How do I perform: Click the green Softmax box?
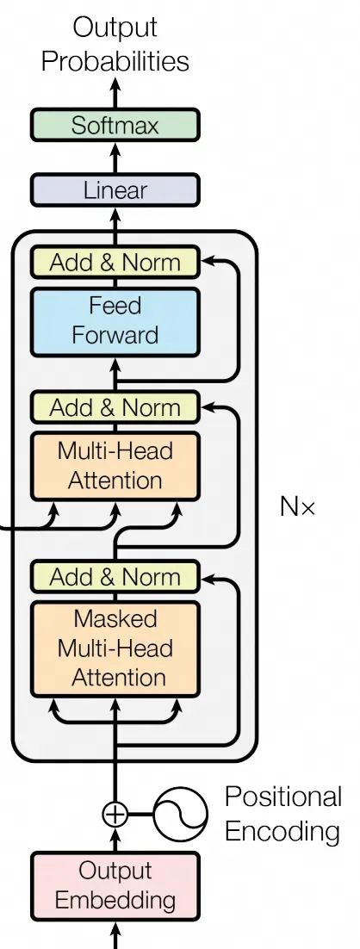click(115, 126)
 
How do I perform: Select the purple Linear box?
click(115, 190)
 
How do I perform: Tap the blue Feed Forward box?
click(115, 321)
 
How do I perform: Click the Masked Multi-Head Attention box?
click(115, 648)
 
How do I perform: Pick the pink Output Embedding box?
click(115, 886)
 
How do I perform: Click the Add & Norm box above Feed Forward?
click(115, 263)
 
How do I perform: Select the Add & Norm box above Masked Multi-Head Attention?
click(115, 577)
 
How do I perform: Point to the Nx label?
click(298, 506)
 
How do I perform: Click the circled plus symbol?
click(115, 814)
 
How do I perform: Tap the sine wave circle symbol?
click(181, 814)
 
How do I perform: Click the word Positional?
click(282, 797)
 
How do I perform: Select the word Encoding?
click(282, 832)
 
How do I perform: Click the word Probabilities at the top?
click(115, 61)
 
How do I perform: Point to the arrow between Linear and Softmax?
click(115, 158)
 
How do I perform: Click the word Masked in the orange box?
click(115, 619)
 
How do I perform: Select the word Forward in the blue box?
click(115, 335)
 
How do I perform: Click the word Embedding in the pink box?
click(115, 901)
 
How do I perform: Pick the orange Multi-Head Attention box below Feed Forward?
click(115, 466)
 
